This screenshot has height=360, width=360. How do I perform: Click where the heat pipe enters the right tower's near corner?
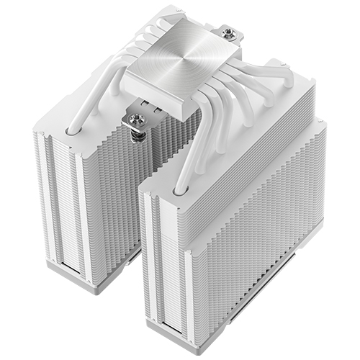pos(176,188)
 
